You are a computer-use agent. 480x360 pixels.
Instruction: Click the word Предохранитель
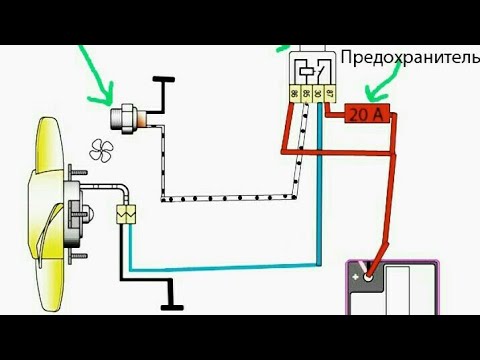(409, 57)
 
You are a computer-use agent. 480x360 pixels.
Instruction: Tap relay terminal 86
(294, 93)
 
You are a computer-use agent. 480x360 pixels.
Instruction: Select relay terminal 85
(306, 93)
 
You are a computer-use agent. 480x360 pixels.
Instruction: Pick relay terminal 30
(318, 93)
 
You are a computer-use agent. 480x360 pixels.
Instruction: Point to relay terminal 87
(330, 93)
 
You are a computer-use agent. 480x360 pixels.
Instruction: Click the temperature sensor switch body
(129, 119)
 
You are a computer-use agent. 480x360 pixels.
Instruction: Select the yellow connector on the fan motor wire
(127, 213)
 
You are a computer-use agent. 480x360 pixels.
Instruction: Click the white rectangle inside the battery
(410, 290)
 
